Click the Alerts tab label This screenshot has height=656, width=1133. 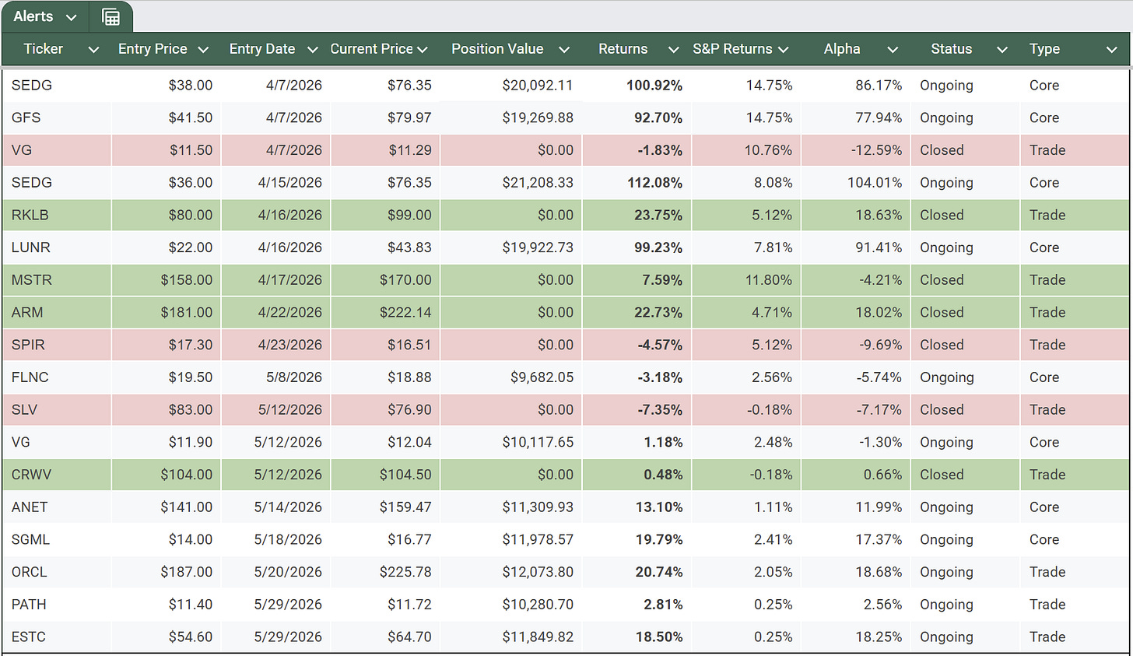33,16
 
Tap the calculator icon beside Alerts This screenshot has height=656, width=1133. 110,17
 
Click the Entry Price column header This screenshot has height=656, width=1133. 153,49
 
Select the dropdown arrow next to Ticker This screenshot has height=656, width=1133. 93,50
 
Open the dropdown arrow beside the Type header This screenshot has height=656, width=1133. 1111,50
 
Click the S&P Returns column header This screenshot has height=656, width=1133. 732,49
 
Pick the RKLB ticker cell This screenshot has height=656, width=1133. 30,215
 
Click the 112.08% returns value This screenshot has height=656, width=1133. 654,183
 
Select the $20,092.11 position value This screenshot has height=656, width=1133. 537,86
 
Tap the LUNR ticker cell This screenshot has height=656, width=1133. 31,247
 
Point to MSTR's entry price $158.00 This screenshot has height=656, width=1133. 186,279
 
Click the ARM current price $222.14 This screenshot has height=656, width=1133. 405,312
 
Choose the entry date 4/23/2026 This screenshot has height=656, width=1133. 289,345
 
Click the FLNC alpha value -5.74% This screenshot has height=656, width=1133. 879,377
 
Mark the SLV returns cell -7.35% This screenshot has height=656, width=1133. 660,409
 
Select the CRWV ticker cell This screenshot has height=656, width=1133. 31,475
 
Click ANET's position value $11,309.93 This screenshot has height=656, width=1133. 537,507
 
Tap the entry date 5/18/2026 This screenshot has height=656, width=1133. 288,540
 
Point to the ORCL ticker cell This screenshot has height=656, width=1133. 29,572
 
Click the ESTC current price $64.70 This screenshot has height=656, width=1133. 409,637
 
